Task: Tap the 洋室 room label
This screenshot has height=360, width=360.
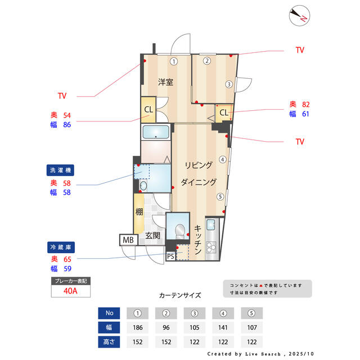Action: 165,82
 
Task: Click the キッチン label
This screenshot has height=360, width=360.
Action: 198,241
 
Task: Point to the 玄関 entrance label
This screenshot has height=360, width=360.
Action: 153,236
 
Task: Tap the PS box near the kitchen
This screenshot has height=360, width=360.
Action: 170,256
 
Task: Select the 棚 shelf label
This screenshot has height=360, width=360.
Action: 138,212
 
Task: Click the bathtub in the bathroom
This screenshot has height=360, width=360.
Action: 156,133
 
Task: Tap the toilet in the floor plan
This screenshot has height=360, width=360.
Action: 179,230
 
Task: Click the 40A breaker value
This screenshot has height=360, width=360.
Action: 70,291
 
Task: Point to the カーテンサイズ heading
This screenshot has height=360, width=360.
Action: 180,295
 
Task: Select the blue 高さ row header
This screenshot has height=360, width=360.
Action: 109,341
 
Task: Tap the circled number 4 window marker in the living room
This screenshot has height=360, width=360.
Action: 223,159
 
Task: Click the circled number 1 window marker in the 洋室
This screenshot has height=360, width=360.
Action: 174,61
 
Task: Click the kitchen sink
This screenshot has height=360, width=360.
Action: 210,226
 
